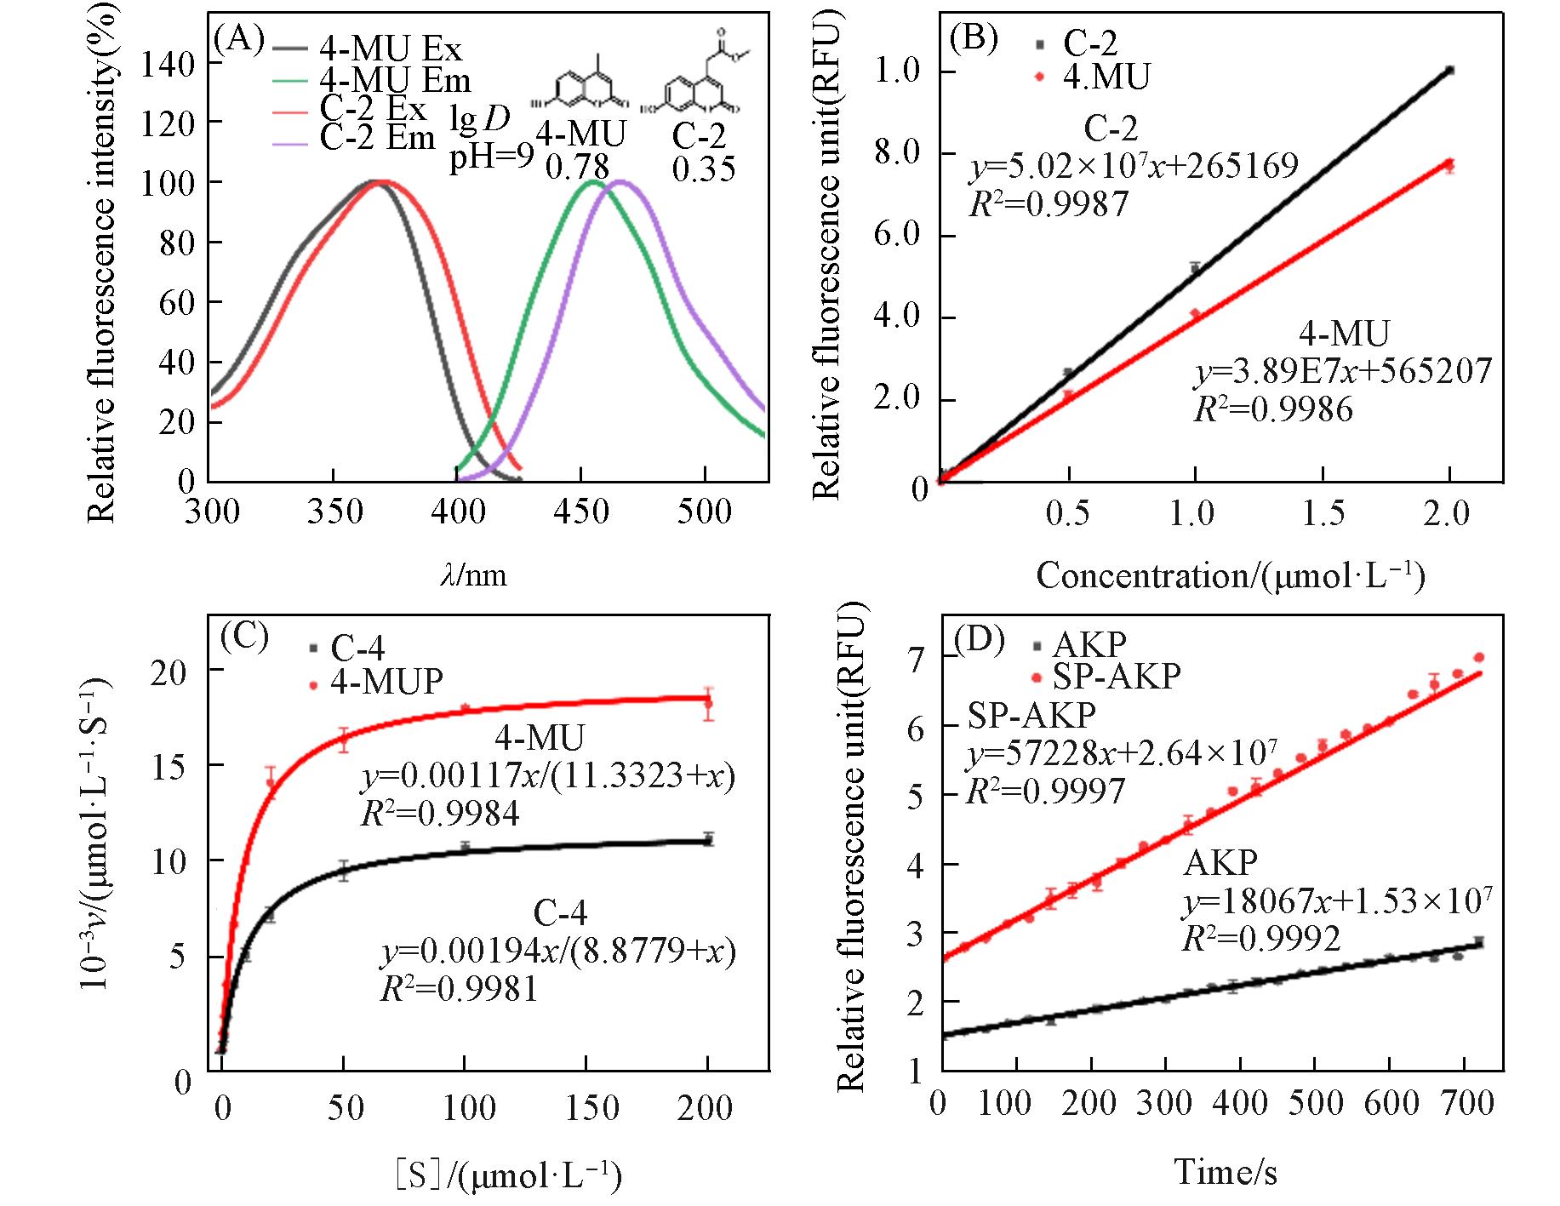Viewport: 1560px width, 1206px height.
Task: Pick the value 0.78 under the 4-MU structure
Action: click(x=576, y=168)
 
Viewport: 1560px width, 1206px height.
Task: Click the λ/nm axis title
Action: click(x=473, y=576)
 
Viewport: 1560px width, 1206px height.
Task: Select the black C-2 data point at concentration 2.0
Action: click(x=1449, y=71)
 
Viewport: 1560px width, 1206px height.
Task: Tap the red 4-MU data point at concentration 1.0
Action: click(x=1195, y=314)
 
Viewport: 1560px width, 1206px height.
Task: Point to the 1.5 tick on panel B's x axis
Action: click(x=1323, y=512)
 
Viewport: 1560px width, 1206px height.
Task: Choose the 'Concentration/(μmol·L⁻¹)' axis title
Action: click(x=1230, y=576)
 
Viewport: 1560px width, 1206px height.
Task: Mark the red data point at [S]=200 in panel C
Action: click(x=707, y=703)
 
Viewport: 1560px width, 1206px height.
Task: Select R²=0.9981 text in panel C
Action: click(x=459, y=988)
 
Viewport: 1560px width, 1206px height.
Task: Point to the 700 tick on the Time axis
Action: click(x=1461, y=1104)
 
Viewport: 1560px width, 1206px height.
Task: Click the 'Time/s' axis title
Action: click(x=1226, y=1172)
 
